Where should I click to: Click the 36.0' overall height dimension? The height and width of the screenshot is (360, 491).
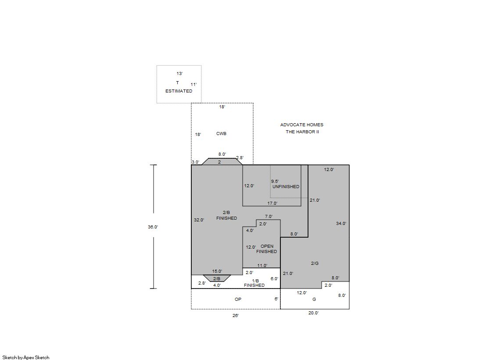[153, 227]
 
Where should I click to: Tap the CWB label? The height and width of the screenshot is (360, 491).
[221, 134]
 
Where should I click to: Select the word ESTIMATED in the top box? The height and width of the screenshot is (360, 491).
[179, 91]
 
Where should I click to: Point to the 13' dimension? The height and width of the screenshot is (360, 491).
[179, 74]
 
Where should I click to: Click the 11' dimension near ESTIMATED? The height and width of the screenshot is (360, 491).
[194, 85]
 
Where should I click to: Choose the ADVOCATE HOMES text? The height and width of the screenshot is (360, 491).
[301, 125]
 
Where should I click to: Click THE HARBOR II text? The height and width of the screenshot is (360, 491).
[302, 132]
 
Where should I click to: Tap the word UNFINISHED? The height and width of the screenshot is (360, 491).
[286, 186]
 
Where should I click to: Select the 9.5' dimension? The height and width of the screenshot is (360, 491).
[275, 181]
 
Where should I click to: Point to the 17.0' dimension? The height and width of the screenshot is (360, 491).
[272, 203]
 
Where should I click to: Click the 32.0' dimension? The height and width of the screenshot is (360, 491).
[199, 220]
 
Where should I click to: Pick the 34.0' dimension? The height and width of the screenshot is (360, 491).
[341, 224]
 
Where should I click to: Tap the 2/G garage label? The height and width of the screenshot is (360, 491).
[315, 263]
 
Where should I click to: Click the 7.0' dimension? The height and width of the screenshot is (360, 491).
[269, 217]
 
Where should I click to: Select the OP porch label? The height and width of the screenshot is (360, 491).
[238, 299]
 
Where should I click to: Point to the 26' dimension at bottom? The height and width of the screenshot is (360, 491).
[236, 316]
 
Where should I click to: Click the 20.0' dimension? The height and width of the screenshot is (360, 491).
[313, 313]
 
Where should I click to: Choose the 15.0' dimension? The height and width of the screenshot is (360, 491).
[217, 271]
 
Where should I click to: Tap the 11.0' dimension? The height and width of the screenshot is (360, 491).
[262, 266]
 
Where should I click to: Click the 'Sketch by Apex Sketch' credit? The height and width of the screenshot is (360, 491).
[26, 357]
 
